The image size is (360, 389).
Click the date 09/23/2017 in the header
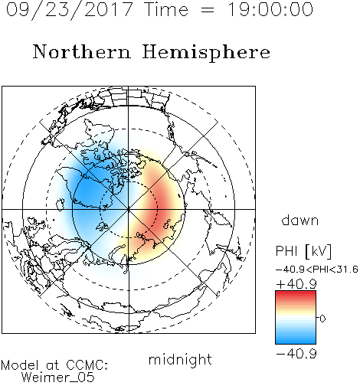pos(69,9)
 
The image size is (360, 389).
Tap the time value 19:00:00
pos(270,9)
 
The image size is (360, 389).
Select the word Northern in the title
pos(82,51)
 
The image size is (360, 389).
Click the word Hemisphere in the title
pos(206,52)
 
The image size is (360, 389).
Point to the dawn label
pos(300,220)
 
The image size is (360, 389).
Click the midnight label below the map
pos(180,360)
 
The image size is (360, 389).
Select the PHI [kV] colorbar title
pos(303,251)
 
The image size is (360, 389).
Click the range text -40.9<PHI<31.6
pos(316,270)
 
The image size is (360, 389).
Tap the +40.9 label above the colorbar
pos(296,284)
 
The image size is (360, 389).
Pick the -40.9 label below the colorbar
pos(296,354)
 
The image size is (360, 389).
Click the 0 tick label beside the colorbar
pos(322,319)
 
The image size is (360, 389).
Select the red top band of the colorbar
pos(296,295)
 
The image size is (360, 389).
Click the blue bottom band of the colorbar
pos(296,340)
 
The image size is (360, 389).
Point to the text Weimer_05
pos(57,378)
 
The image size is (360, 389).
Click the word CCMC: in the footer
pos(87,365)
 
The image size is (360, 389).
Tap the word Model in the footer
pos(20,365)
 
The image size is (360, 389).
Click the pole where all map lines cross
pos(129,210)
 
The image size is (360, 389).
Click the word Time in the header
pos(166,9)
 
